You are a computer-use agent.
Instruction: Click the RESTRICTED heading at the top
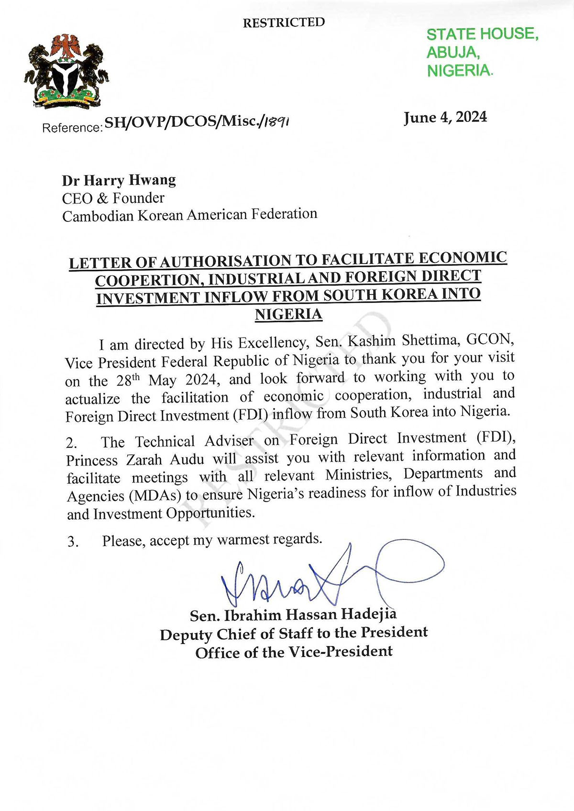click(x=284, y=22)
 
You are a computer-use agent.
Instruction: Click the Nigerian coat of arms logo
click(x=66, y=71)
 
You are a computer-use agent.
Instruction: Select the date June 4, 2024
click(x=445, y=117)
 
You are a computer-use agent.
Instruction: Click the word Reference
click(x=72, y=128)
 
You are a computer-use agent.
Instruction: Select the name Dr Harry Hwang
click(x=119, y=180)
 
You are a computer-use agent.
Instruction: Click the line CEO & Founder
click(x=113, y=198)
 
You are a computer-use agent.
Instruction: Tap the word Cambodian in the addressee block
click(x=98, y=216)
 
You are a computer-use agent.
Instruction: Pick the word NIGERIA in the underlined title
click(x=288, y=314)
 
